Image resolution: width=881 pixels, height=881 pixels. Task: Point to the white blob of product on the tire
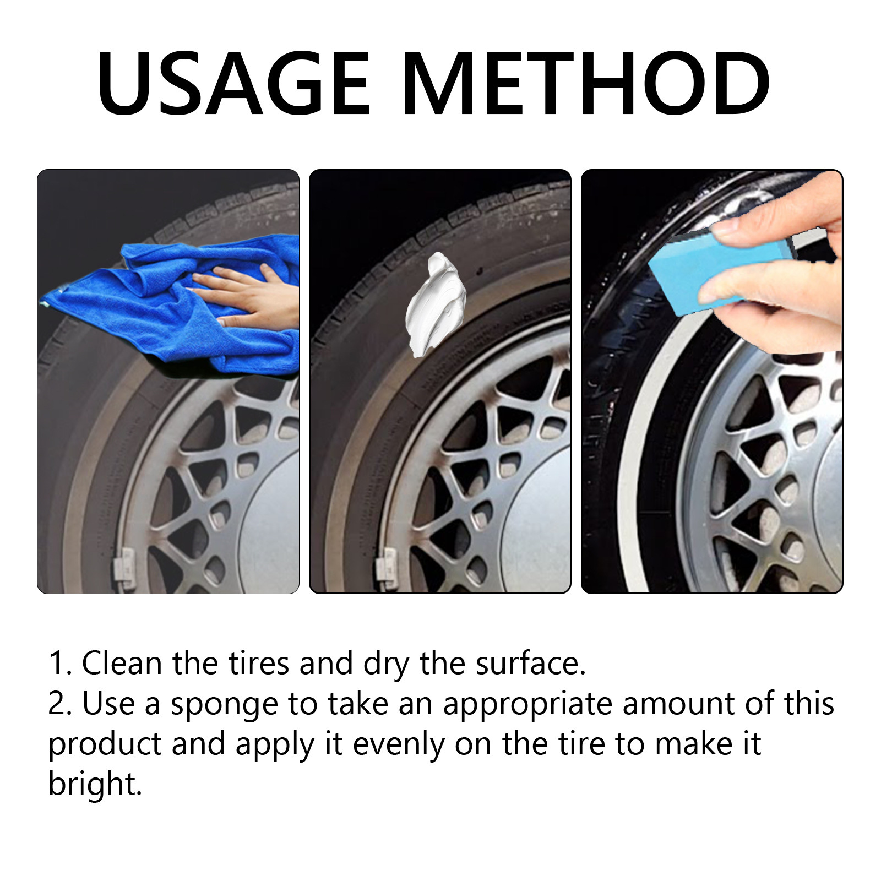point(435,303)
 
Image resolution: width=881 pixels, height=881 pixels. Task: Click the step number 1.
point(58,663)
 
